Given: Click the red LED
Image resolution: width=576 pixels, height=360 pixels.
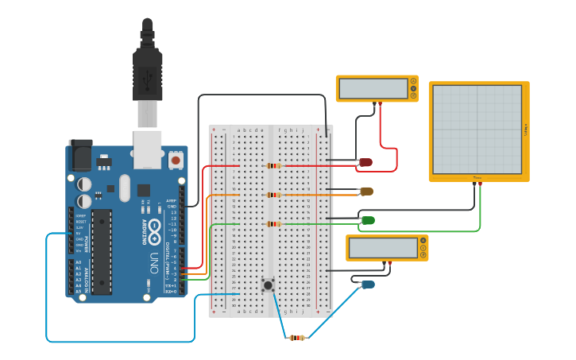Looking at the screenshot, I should (x=365, y=162).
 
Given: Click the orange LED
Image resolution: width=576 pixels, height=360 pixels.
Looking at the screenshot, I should (x=366, y=191).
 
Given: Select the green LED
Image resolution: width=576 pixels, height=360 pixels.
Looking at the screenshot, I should (x=368, y=220).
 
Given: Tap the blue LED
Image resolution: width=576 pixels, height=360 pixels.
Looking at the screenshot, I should (x=368, y=285).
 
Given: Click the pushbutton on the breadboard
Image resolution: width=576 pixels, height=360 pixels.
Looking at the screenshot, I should (x=269, y=284).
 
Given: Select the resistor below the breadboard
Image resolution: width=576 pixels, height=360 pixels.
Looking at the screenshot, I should (x=296, y=338).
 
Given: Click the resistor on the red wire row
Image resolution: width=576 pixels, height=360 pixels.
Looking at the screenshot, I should (x=273, y=166).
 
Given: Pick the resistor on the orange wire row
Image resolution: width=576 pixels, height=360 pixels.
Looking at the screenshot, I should (x=273, y=195).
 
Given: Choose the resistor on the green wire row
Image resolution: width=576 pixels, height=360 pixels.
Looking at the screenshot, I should (x=273, y=224).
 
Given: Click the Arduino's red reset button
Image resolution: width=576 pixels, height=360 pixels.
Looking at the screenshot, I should (x=176, y=160).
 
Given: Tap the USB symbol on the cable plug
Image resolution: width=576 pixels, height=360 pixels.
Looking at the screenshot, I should (x=147, y=78).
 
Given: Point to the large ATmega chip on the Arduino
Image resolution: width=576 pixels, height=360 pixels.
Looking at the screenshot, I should (x=101, y=251).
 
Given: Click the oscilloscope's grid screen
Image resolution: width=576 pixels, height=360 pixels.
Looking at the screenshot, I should (x=477, y=130).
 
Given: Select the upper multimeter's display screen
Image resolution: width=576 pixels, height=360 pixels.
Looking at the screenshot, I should (x=373, y=88).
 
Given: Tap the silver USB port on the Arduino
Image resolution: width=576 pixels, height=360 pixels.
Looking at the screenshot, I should (x=148, y=150).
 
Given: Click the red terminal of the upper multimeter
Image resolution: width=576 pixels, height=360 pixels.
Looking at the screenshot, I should (x=381, y=103).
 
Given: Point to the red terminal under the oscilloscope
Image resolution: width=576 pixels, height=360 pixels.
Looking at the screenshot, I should (x=480, y=184).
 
